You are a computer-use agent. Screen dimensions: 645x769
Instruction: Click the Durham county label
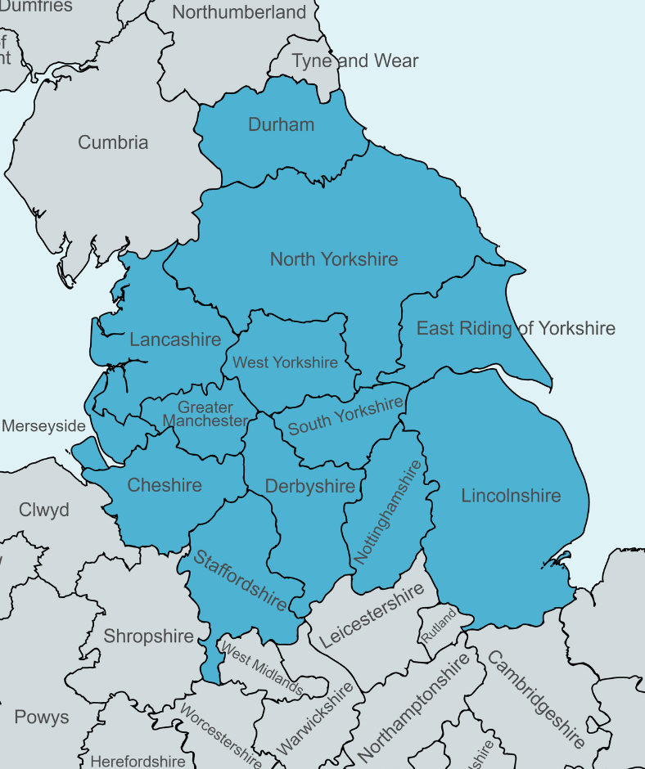[281, 125]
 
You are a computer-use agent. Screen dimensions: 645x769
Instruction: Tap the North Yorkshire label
[334, 259]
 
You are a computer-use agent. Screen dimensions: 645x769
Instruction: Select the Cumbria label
[113, 142]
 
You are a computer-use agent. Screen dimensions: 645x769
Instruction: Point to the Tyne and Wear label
[355, 61]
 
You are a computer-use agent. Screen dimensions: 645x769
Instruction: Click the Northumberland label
[239, 12]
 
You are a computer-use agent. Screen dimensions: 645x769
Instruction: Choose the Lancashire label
[175, 340]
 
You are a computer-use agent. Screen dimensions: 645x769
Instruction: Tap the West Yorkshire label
[285, 362]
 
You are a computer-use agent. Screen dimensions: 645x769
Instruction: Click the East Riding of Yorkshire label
[516, 329]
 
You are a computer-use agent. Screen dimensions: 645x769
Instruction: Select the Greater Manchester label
[205, 414]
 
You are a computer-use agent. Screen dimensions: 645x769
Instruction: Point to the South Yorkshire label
[345, 416]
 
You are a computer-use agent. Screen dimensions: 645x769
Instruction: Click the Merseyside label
[43, 426]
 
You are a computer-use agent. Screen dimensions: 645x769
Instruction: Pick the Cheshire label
[165, 485]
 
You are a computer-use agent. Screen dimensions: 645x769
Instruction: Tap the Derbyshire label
[310, 487]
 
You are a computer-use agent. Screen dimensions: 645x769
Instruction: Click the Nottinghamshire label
[389, 512]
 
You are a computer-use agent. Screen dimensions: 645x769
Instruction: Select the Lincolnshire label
[511, 496]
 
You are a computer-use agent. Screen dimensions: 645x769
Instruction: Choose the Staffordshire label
[240, 580]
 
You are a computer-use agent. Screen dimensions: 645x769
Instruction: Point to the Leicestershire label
[372, 615]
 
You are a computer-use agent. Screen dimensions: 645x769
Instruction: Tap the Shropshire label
[148, 636]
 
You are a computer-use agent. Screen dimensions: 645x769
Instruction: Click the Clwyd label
[44, 510]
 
